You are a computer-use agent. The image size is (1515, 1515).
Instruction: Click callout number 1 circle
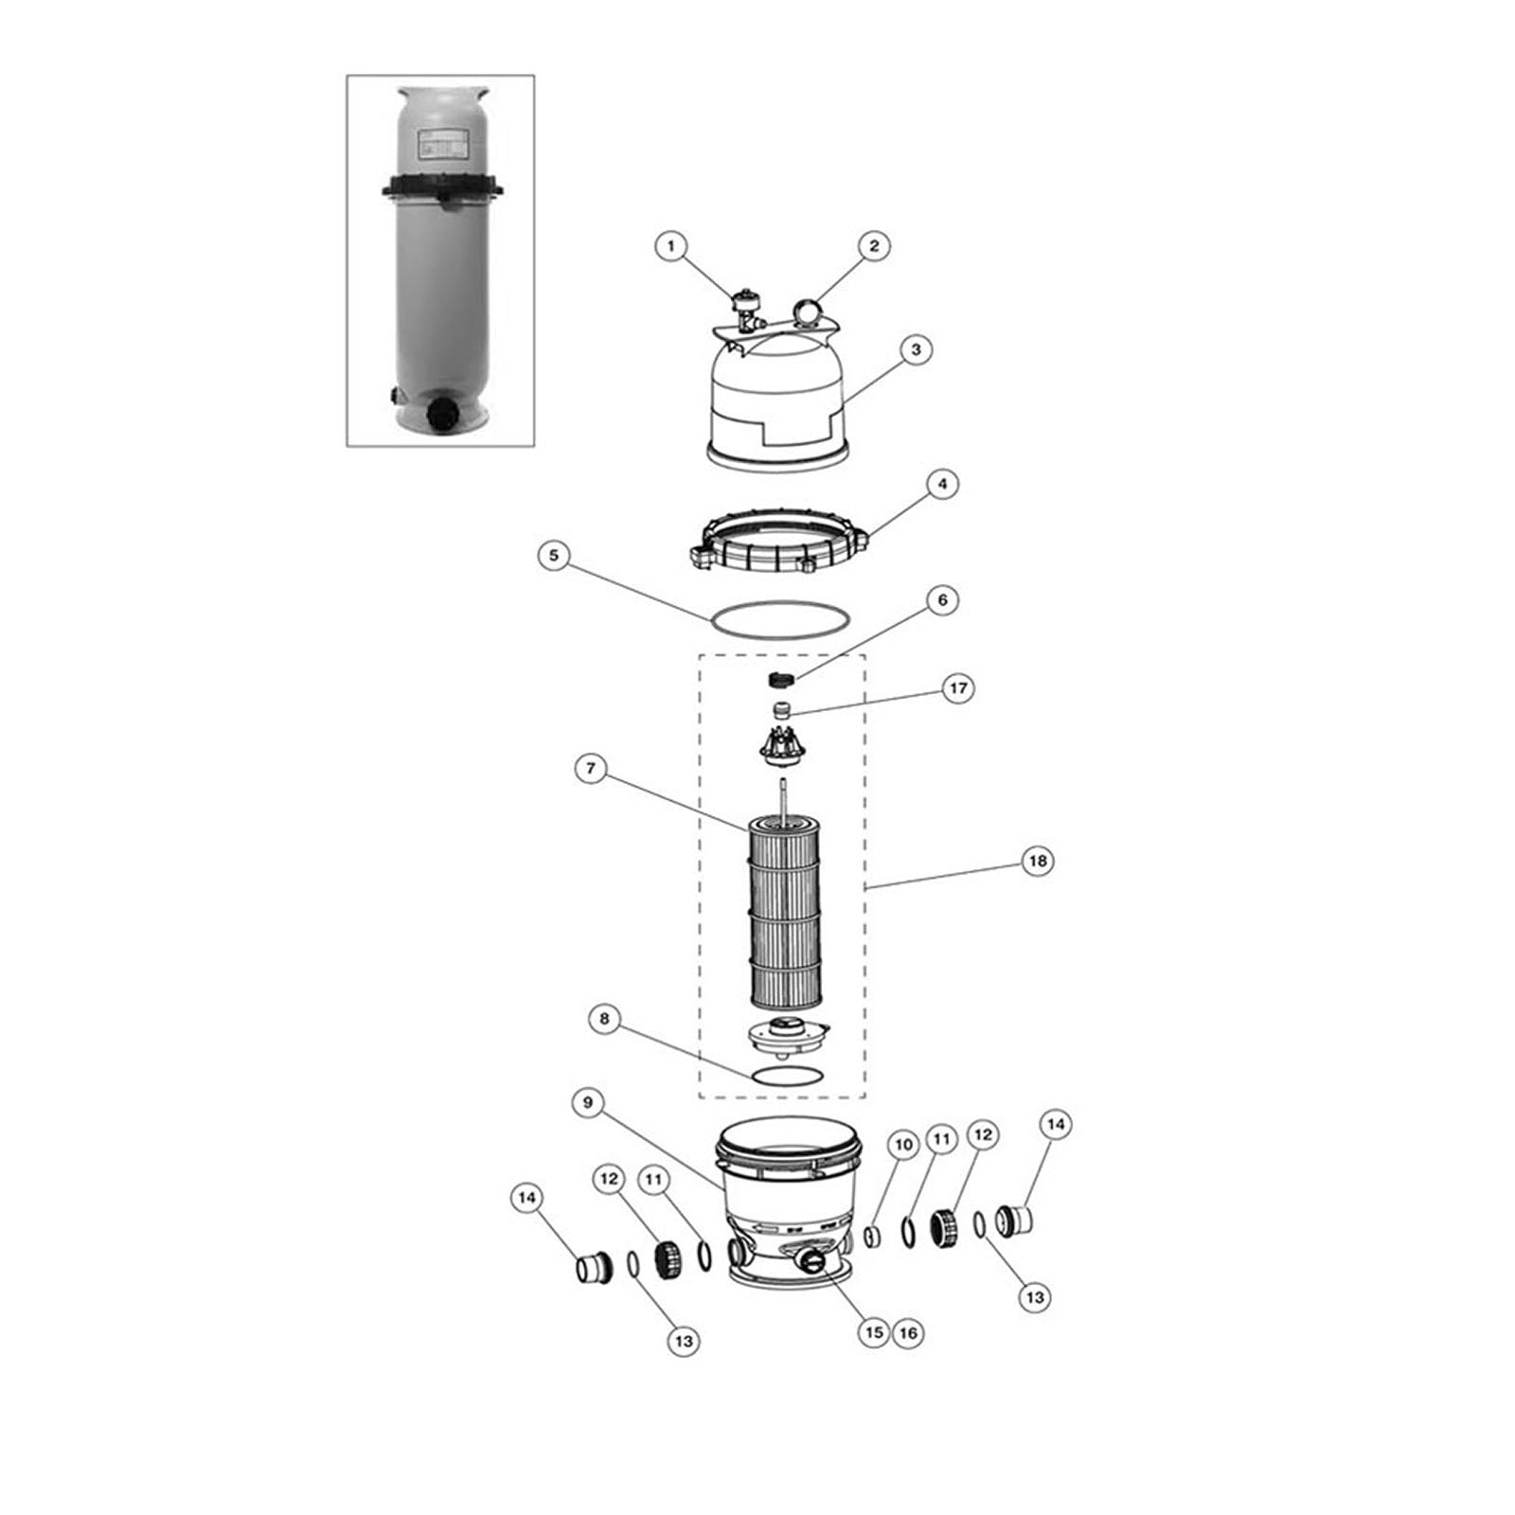tap(670, 247)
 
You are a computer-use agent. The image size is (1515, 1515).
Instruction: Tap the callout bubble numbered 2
tap(873, 246)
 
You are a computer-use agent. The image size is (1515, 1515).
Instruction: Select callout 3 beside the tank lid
tap(915, 349)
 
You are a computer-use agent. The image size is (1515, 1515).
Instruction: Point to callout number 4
tap(941, 484)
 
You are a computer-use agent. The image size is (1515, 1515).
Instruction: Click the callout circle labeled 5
tap(554, 555)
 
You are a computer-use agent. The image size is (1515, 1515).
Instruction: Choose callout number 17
tap(958, 688)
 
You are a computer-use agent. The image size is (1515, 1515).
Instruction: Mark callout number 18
tap(1038, 861)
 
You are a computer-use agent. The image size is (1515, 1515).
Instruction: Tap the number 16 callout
tap(908, 1333)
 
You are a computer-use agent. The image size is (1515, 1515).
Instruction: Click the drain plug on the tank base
tap(811, 1260)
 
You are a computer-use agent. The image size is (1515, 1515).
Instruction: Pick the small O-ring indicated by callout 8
tap(787, 1076)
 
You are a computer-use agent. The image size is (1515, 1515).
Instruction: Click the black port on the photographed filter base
tap(442, 414)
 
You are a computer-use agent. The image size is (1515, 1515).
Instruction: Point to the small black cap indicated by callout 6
tap(778, 679)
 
